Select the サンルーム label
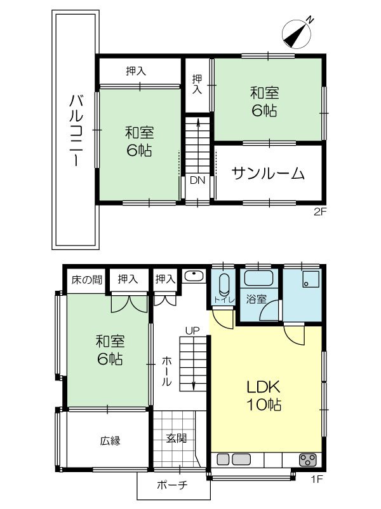click(268, 173)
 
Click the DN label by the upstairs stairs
click(198, 180)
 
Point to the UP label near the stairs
click(192, 330)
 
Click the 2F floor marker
click(319, 212)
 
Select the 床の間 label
click(84, 279)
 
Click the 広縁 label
click(110, 440)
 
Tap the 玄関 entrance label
click(177, 438)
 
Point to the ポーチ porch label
click(173, 485)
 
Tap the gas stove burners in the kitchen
click(307, 460)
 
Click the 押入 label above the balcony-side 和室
click(136, 72)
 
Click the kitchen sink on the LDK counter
click(233, 459)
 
